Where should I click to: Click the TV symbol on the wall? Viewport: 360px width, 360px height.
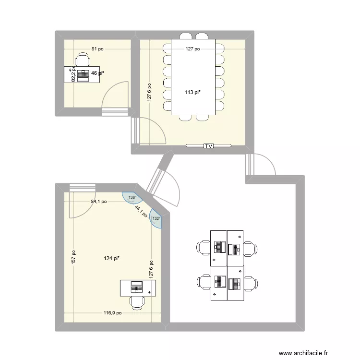[208, 145]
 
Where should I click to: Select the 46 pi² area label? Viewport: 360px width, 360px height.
[98, 73]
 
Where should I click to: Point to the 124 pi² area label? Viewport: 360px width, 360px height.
[111, 259]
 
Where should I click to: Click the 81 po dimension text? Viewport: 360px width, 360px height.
[98, 48]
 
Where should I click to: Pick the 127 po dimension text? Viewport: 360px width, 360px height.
[193, 48]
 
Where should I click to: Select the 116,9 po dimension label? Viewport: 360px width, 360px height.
[113, 313]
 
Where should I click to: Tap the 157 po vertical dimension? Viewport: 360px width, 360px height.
[73, 259]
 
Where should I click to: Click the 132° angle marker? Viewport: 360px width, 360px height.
[156, 218]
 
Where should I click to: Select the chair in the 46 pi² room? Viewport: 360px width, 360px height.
[83, 60]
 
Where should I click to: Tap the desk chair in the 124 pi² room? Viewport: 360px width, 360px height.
[137, 302]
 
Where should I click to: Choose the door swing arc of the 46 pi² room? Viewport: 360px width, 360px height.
[118, 94]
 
